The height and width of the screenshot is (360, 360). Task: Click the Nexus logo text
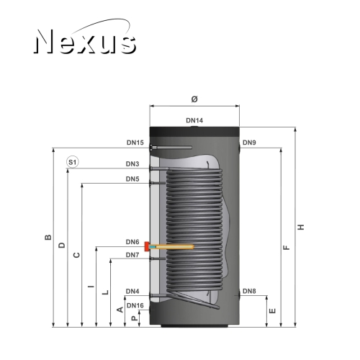click(x=85, y=41)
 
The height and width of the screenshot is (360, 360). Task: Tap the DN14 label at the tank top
click(x=194, y=120)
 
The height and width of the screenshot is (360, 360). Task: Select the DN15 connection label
click(x=135, y=143)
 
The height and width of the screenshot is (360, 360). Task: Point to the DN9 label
click(x=249, y=143)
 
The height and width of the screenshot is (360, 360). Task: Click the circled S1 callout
click(x=72, y=162)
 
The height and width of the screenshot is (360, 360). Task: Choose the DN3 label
click(x=132, y=164)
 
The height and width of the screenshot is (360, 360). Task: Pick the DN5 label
click(x=132, y=179)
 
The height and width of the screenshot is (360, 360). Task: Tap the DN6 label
click(x=132, y=242)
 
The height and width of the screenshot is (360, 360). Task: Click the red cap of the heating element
click(x=147, y=246)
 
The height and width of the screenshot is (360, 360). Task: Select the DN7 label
click(x=132, y=255)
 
